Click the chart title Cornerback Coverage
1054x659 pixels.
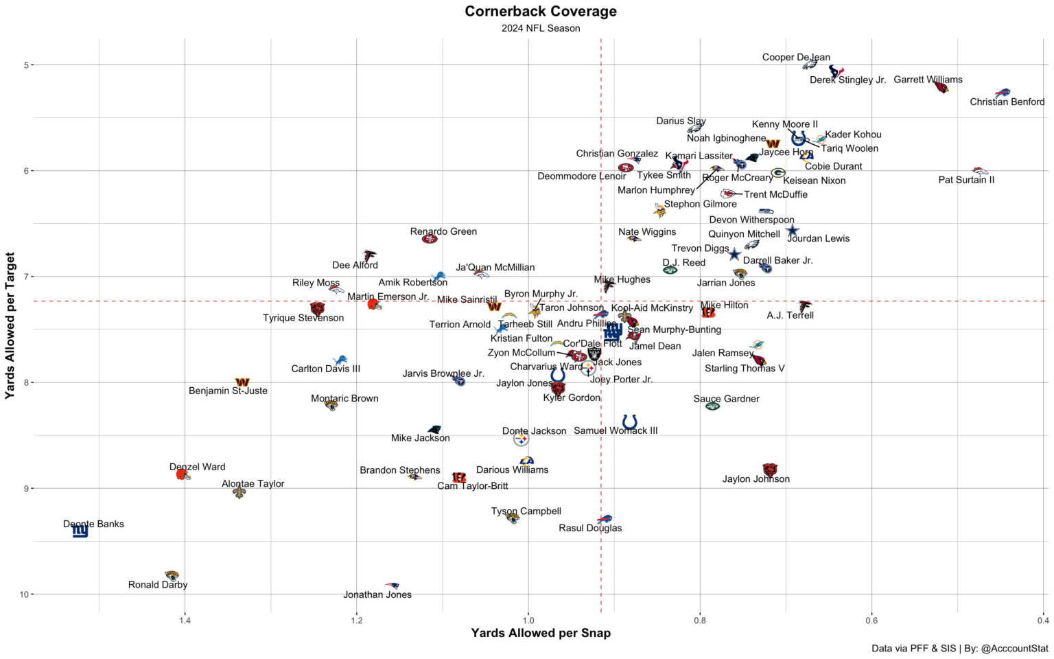coord(541,12)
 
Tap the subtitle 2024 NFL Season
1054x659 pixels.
coord(541,29)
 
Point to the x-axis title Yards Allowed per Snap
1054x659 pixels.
coord(541,633)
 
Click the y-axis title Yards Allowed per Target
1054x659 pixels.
coord(10,325)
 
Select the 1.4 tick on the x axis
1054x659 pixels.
coord(185,621)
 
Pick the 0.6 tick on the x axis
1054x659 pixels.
coord(871,621)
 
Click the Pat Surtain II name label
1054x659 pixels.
coord(966,180)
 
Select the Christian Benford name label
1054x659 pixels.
coord(1007,102)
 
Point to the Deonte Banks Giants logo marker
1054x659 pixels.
coord(80,531)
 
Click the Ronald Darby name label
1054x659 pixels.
coord(158,586)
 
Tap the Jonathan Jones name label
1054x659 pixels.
coord(377,595)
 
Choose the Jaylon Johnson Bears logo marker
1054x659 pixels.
coord(770,470)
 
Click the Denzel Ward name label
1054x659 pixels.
coord(197,467)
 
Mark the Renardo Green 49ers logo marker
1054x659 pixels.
coord(430,239)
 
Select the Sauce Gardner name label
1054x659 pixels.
coord(726,399)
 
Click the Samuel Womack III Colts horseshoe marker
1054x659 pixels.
coord(629,422)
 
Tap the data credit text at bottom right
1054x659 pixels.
coord(959,648)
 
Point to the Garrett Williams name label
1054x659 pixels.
coord(928,80)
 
